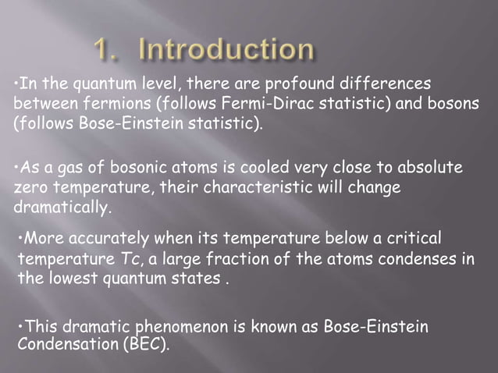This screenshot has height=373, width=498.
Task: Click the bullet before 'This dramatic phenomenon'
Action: [x=19, y=327]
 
